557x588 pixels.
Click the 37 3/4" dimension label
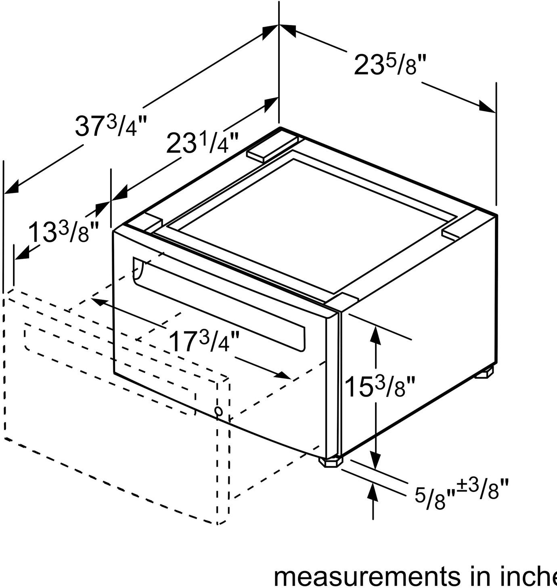coord(110,126)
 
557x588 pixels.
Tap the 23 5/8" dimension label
coord(389,65)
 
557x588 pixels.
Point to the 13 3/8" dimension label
coord(63,232)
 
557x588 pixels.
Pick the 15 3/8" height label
coord(379,386)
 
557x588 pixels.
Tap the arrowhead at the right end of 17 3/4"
coord(283,376)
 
